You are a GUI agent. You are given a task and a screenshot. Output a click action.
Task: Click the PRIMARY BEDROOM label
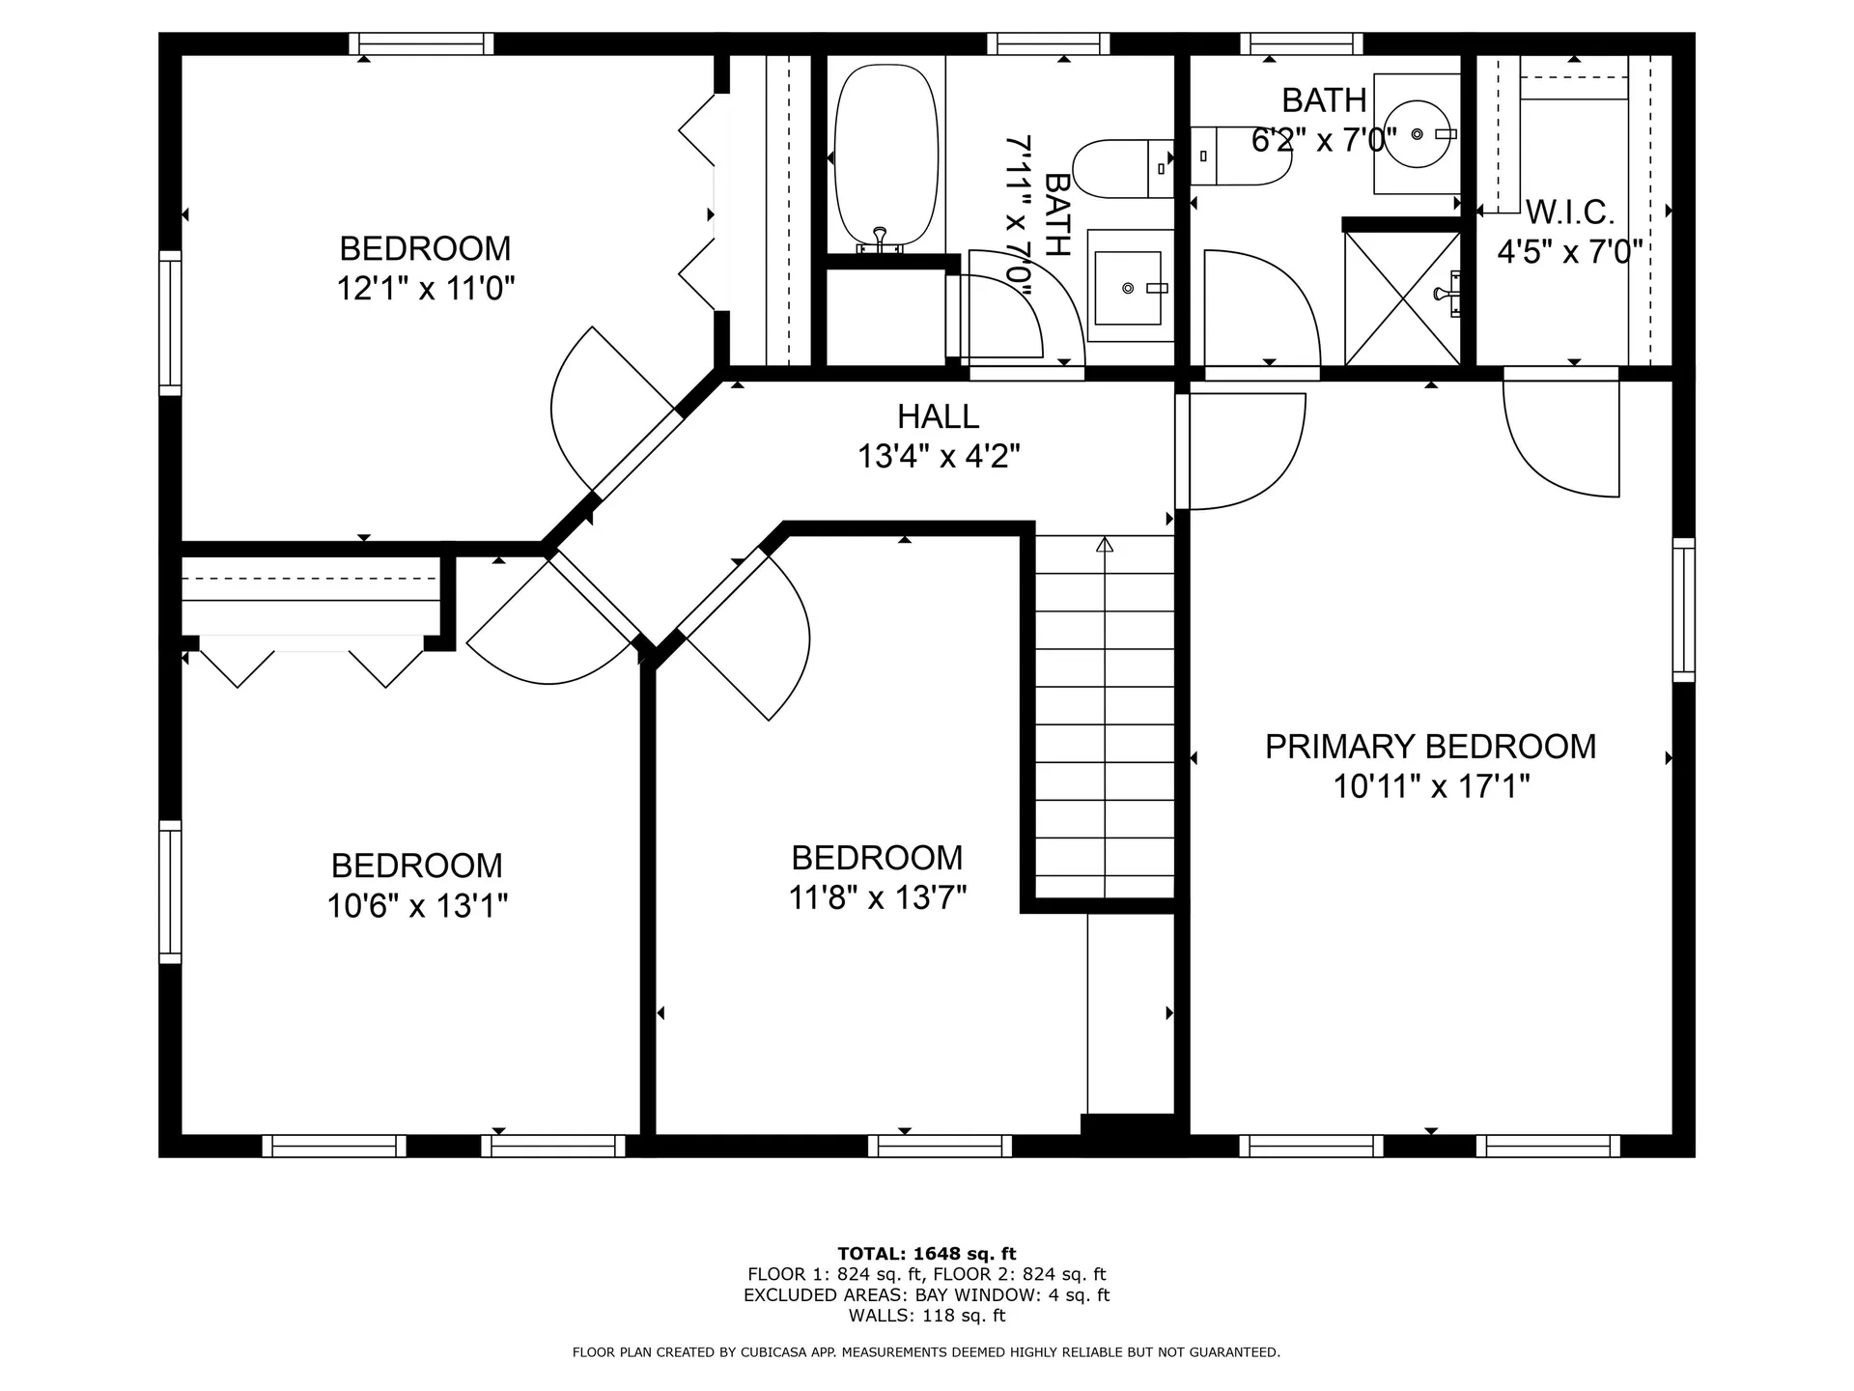tap(1430, 747)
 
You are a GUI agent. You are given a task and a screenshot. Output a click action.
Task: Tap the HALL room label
tap(938, 416)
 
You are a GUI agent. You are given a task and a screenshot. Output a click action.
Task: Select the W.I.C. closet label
tap(1570, 212)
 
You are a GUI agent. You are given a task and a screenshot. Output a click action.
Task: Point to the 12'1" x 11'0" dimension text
tap(425, 288)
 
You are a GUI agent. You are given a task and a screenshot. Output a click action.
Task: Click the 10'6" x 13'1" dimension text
tap(417, 906)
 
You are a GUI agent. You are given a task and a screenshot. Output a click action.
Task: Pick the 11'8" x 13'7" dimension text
tap(877, 898)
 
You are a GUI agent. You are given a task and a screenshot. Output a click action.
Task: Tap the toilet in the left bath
tap(1123, 169)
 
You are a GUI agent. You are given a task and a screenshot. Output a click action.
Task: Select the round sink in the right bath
tap(1418, 134)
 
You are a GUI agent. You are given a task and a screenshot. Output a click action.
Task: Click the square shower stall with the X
tap(1402, 298)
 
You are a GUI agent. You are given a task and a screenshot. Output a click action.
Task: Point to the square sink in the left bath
tap(1130, 286)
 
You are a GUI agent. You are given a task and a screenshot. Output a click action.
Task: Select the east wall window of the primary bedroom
tap(1683, 610)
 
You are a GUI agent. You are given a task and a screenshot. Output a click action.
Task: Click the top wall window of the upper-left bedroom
tap(421, 43)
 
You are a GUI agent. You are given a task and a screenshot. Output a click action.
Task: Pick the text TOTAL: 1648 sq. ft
tap(927, 1255)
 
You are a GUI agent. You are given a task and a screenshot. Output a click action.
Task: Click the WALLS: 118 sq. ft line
tap(927, 1316)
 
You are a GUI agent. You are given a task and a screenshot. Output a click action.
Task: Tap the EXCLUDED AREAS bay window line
tap(927, 1295)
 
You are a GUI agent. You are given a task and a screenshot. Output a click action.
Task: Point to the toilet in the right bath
tap(1241, 155)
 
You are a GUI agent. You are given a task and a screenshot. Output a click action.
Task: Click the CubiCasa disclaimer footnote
tap(927, 1352)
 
